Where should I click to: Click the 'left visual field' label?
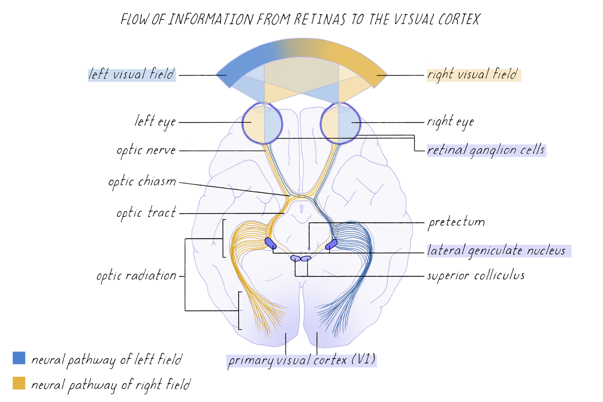(131, 74)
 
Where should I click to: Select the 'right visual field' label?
(473, 75)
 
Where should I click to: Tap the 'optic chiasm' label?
(142, 182)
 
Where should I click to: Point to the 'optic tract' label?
(146, 213)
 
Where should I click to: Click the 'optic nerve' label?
(146, 150)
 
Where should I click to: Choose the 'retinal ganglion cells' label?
(486, 150)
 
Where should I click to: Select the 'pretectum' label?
(456, 222)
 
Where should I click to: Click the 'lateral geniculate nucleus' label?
(496, 251)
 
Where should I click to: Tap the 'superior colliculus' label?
(476, 275)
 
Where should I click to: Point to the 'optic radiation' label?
(136, 275)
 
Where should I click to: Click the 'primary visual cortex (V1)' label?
(301, 360)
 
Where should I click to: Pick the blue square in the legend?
(19, 358)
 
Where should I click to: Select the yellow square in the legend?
(19, 383)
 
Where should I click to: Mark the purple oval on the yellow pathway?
(270, 243)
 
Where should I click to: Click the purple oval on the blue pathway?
(332, 244)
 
